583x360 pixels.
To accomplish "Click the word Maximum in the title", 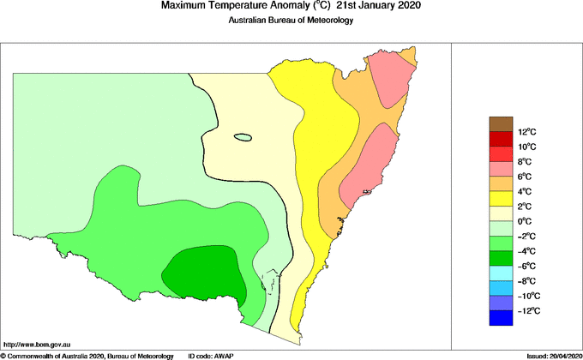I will (183, 7).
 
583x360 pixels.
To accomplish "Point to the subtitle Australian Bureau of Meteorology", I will (291, 21).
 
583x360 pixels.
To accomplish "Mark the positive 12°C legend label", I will (527, 132).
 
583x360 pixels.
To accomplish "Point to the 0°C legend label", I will (526, 221).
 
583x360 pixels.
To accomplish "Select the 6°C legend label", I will (526, 177).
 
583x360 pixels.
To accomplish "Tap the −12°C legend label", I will (527, 310).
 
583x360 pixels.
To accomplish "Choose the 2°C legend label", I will (526, 207).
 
